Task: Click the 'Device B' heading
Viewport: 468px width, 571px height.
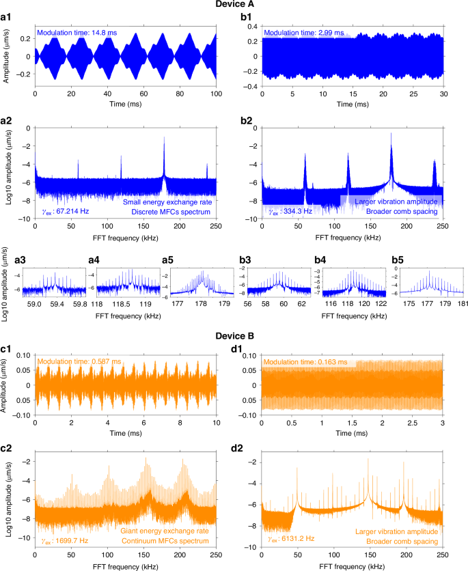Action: click(x=234, y=337)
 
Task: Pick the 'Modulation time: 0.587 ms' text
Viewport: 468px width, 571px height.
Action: click(x=79, y=361)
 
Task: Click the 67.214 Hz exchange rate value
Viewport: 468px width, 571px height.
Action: click(x=65, y=212)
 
